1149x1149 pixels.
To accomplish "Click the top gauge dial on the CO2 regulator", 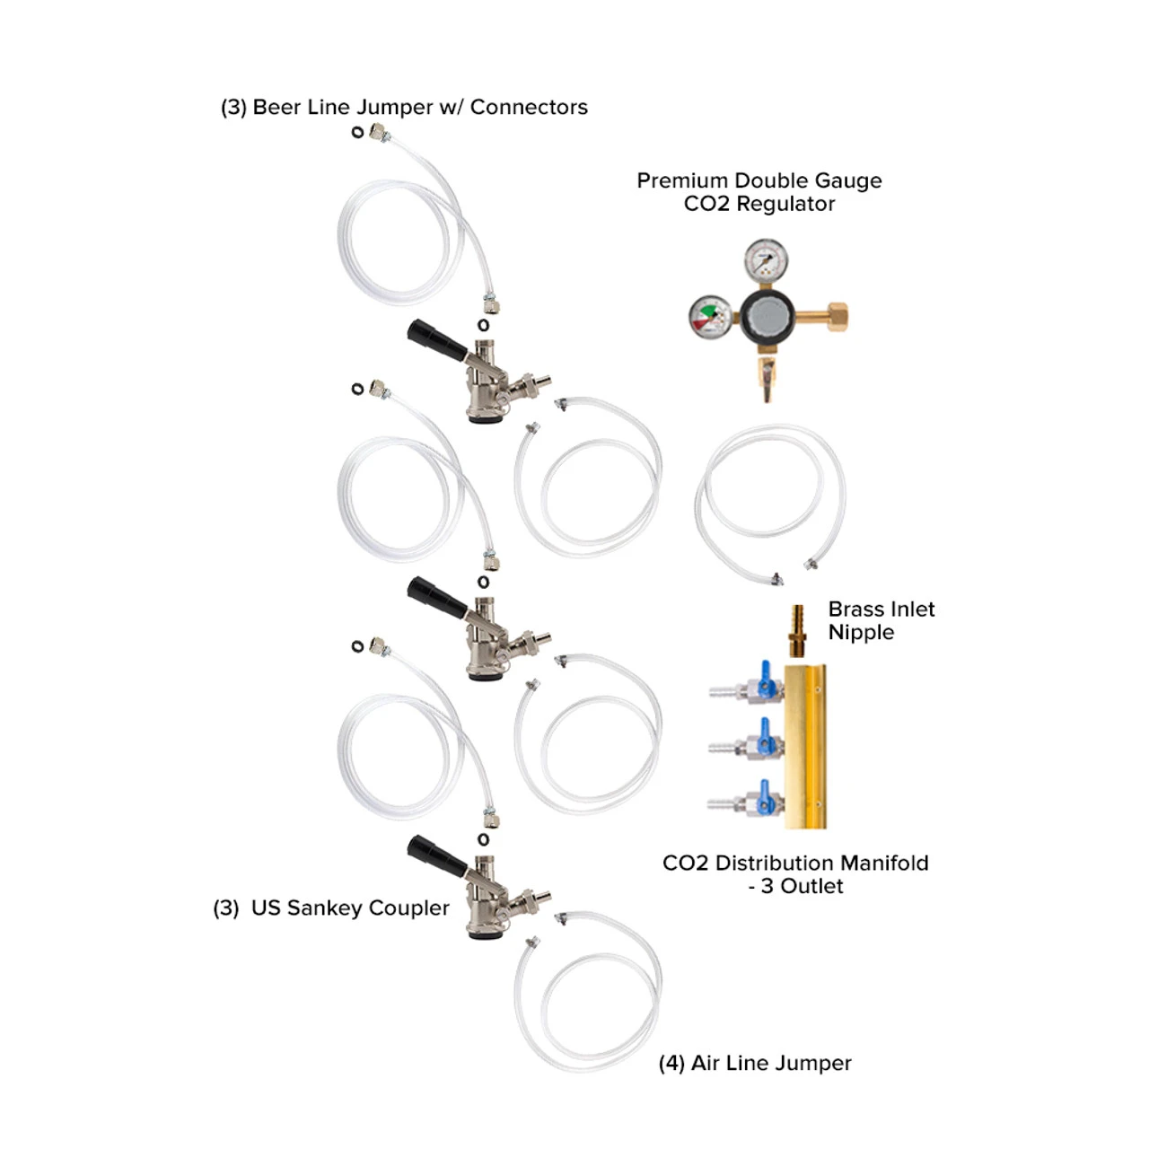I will pos(766,261).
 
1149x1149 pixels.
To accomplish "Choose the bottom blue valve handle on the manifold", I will pos(767,795).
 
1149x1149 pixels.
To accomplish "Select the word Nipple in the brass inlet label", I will pos(861,633).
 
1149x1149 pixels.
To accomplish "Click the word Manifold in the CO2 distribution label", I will pos(884,864).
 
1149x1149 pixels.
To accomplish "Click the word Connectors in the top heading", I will pos(529,108).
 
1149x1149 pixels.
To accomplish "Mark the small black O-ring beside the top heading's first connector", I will pos(357,133).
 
